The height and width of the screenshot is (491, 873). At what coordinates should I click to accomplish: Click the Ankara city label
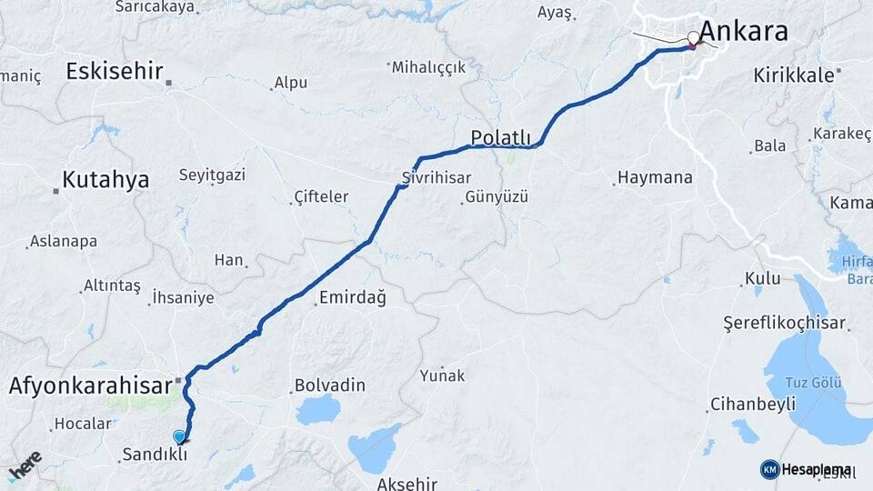(x=743, y=32)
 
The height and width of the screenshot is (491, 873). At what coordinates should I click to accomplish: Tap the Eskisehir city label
(x=114, y=71)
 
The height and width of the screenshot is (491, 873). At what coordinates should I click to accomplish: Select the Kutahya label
(x=105, y=179)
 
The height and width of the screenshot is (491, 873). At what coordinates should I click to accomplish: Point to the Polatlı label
(x=500, y=137)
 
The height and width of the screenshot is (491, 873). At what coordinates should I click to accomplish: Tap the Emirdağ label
(x=353, y=297)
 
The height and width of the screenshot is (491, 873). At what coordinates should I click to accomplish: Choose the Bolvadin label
(x=330, y=386)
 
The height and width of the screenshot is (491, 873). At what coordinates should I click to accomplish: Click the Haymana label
(x=655, y=177)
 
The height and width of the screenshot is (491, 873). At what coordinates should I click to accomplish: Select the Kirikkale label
(x=793, y=75)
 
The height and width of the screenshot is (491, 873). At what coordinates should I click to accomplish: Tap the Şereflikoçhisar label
(x=785, y=323)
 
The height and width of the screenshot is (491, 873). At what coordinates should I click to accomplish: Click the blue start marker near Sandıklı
(x=179, y=436)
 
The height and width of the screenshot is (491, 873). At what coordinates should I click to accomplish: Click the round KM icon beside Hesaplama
(x=769, y=469)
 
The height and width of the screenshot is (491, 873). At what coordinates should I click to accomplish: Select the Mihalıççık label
(x=429, y=67)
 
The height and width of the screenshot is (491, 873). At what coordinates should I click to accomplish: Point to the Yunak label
(x=442, y=375)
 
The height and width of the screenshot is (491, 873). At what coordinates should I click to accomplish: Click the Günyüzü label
(x=496, y=196)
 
